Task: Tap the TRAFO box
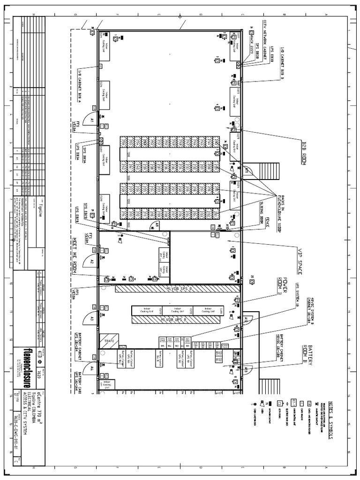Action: [109, 341]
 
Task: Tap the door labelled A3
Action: [92, 319]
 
